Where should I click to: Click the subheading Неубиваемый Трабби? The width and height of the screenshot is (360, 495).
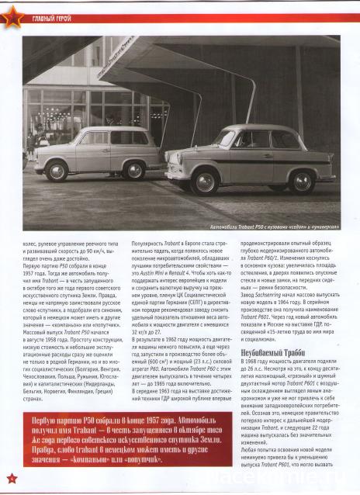tap(271, 351)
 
